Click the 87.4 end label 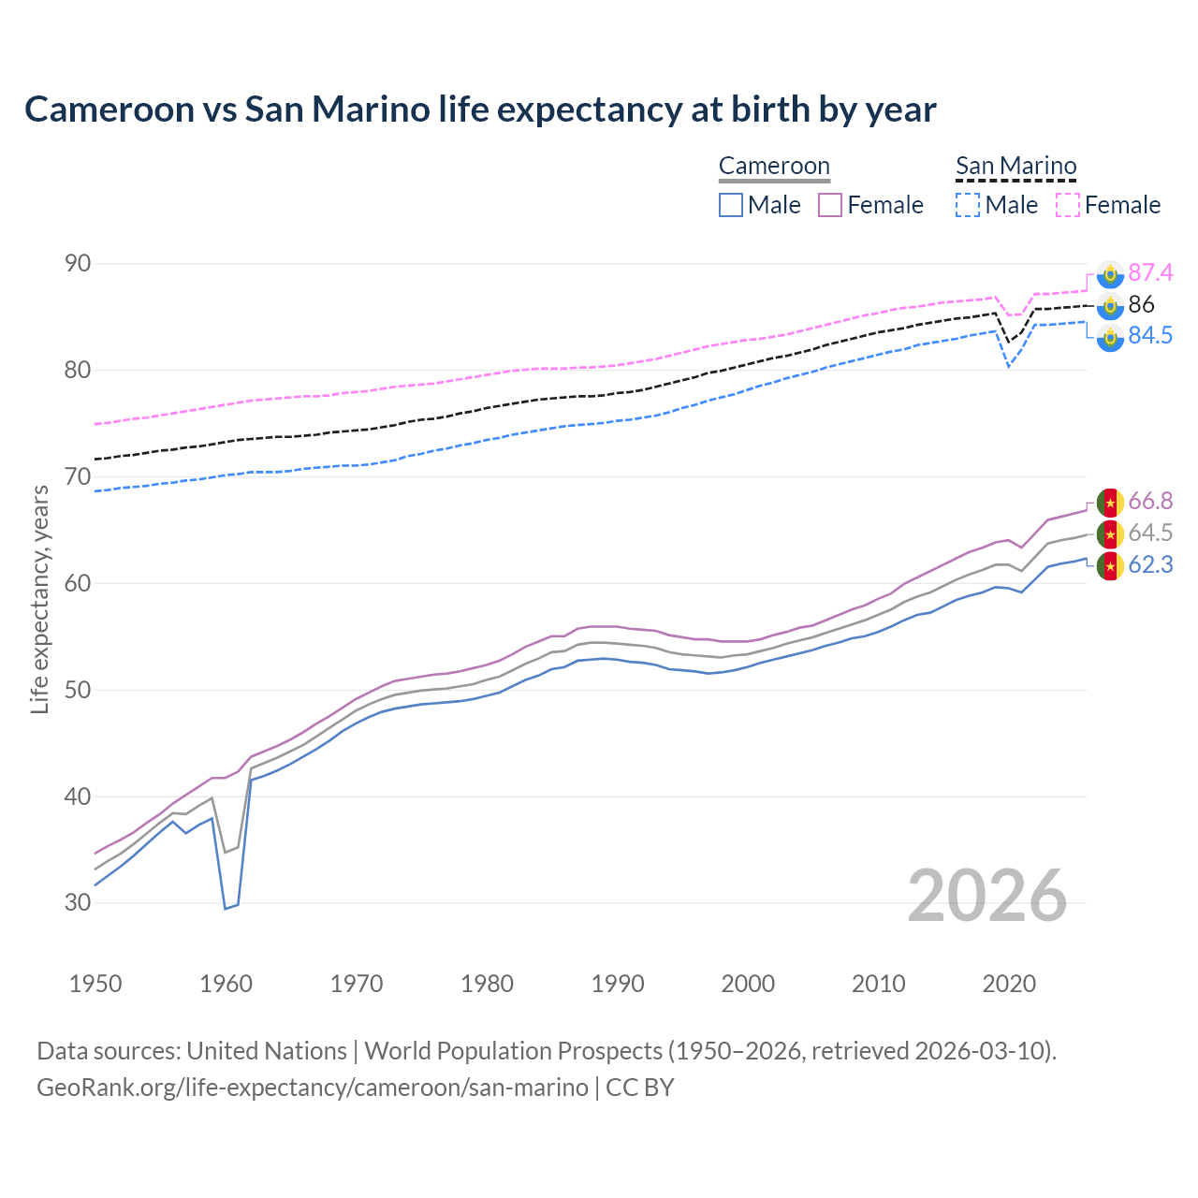(1149, 272)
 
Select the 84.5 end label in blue (1149, 335)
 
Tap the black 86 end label (1141, 304)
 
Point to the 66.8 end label (1149, 502)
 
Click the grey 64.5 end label (1149, 533)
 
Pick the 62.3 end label (1149, 565)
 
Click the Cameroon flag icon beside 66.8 (1110, 503)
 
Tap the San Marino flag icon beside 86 (1110, 305)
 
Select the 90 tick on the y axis (78, 264)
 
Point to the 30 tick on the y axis (78, 903)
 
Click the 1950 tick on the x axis (95, 984)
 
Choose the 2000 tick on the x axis (748, 984)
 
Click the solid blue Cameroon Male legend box (731, 205)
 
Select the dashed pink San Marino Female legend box (1068, 205)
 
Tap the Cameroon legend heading (774, 167)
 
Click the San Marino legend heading (1015, 167)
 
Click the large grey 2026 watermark (986, 896)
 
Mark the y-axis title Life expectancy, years (39, 599)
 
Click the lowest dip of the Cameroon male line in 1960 (226, 908)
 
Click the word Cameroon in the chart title (110, 110)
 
